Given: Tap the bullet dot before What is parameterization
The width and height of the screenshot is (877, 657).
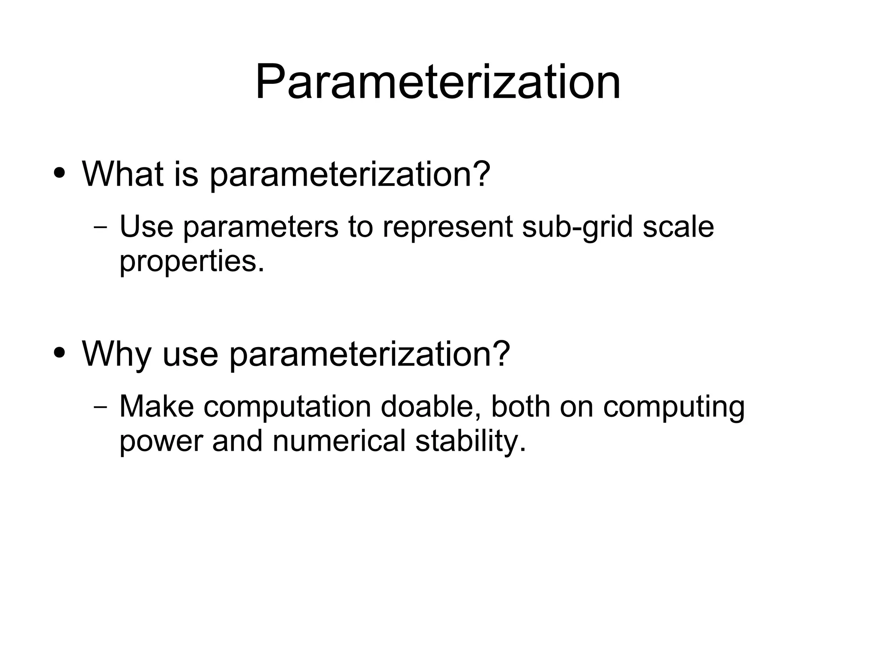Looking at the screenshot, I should [x=60, y=173].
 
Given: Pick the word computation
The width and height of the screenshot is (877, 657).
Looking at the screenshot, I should [x=287, y=407].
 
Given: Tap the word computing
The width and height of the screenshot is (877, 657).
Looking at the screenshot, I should [x=674, y=407].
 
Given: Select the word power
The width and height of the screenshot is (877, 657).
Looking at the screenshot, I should [x=161, y=442].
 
